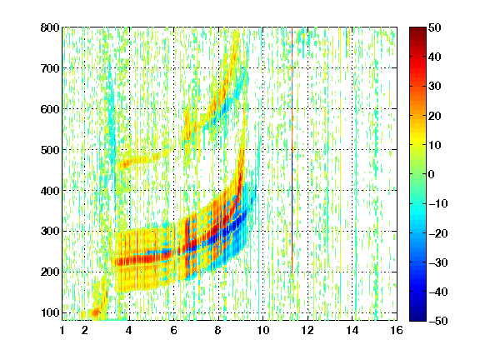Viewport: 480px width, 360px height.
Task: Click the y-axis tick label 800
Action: tap(50, 27)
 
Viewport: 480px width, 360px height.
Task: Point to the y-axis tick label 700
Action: tap(50, 68)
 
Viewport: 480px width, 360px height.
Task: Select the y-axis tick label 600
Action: tap(50, 109)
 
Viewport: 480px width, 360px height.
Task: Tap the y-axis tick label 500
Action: tap(50, 150)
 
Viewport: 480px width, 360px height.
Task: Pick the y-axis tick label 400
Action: tap(50, 191)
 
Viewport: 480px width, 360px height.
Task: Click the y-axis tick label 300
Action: tap(50, 231)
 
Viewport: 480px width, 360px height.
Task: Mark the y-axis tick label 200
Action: tap(50, 272)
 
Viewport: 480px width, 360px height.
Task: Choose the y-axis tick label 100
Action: tap(50, 312)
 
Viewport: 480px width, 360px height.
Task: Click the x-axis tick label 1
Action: tap(62, 330)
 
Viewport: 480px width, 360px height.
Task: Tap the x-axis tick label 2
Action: tap(85, 330)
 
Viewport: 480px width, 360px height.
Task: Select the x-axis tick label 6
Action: tap(174, 330)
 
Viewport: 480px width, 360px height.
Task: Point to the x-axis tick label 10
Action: tap(263, 330)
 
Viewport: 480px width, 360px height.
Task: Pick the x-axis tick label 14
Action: tap(352, 330)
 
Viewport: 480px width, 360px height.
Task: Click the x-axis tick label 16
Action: tap(397, 330)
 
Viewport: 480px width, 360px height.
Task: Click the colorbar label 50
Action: tap(434, 27)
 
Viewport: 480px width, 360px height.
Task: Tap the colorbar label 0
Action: tap(432, 174)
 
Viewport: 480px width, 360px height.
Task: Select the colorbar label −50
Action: tap(438, 321)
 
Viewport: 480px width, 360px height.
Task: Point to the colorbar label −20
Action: tap(438, 233)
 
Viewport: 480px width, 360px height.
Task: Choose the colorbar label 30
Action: tap(434, 87)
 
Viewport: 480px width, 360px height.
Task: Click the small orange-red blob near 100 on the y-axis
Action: tap(95, 312)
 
